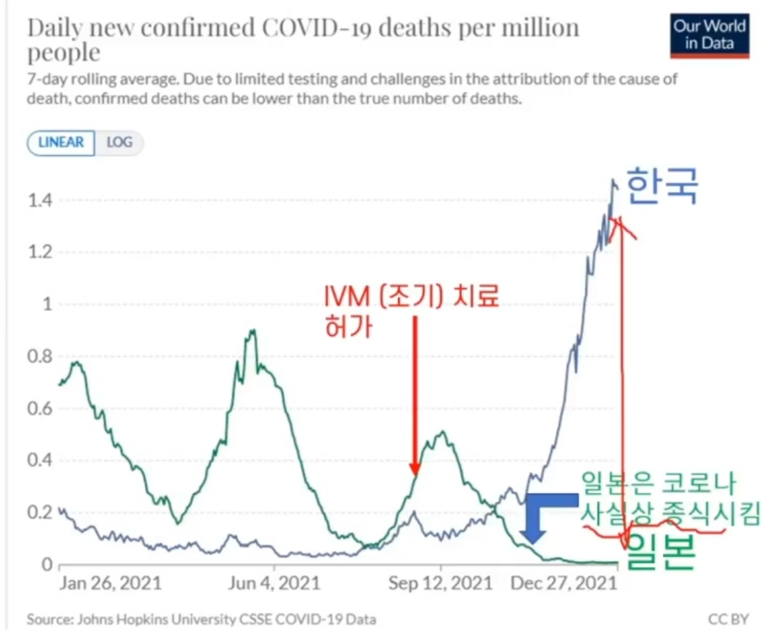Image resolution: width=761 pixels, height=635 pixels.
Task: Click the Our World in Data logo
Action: pos(710,35)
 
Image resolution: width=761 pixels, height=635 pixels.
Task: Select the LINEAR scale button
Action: pos(61,143)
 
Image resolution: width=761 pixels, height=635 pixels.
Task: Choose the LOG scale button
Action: pos(119,143)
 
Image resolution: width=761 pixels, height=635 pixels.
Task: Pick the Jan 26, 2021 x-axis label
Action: pos(110,584)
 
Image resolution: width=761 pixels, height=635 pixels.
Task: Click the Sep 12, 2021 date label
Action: pos(441,584)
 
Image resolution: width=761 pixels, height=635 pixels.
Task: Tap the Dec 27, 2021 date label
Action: pos(563,584)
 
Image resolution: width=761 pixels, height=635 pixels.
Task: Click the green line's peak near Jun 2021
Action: pos(253,331)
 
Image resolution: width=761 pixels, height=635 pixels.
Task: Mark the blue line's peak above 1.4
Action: pos(613,180)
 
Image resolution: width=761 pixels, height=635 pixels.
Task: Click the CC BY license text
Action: pos(727,619)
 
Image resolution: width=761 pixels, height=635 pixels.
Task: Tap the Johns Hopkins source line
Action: pos(201,619)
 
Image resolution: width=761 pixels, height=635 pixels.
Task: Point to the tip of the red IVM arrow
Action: pos(415,473)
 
